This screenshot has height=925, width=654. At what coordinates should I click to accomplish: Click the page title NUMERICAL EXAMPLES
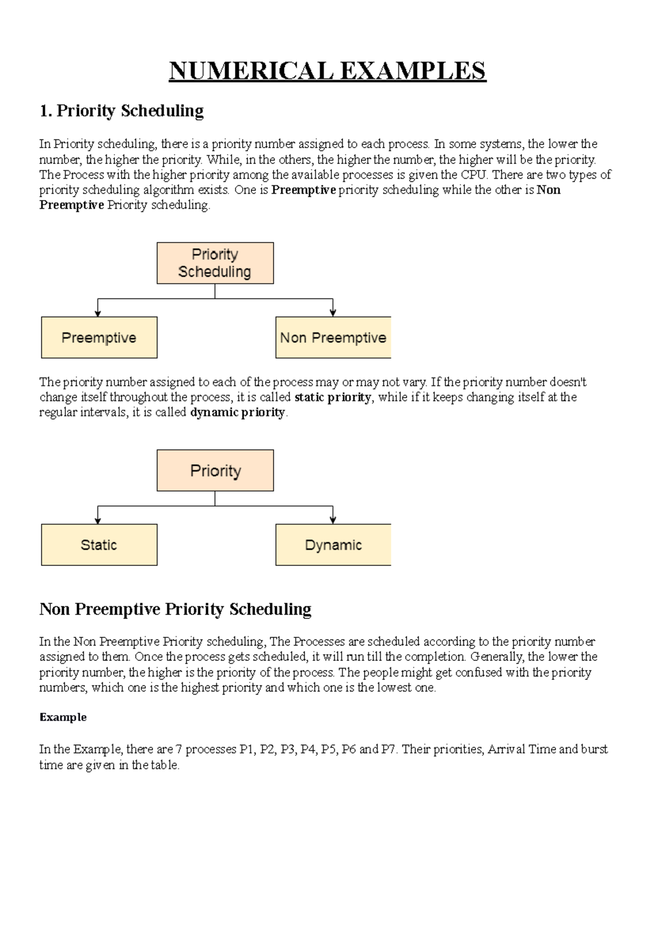327,71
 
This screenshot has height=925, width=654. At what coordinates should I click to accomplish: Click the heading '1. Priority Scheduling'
122,111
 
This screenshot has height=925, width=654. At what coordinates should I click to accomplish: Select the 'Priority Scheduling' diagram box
215,263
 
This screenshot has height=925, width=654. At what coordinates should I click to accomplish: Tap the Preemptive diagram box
99,338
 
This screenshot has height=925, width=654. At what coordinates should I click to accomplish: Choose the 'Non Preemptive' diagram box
333,338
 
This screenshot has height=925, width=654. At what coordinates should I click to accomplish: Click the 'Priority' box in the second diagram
215,471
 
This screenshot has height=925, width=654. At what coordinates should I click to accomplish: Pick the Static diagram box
99,545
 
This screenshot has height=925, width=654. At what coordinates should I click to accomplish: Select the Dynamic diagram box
333,545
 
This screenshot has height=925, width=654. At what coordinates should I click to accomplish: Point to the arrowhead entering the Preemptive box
98,313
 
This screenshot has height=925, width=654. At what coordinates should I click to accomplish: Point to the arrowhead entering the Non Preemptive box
333,313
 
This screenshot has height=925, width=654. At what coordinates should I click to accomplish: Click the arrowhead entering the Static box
98,520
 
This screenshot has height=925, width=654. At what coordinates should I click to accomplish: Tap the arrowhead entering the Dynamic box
333,520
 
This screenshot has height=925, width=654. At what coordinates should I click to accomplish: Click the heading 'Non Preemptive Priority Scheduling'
175,609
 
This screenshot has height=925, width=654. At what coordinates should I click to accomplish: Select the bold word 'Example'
63,717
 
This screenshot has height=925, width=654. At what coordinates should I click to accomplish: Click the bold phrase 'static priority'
332,397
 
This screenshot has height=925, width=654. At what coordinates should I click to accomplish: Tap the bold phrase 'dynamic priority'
238,412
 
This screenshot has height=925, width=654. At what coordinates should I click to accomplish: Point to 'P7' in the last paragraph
388,750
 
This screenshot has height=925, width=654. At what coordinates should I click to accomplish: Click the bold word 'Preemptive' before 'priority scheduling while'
304,190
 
